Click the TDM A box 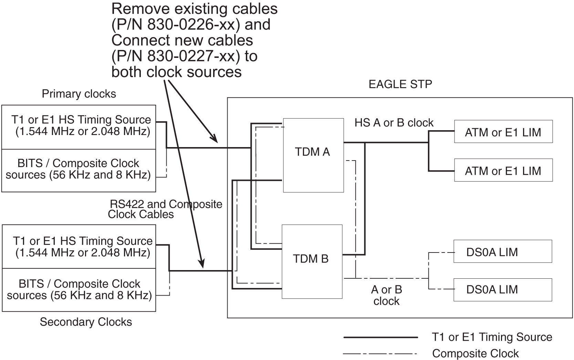click(313, 155)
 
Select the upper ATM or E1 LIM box click(503, 132)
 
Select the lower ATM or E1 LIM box click(503, 170)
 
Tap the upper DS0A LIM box click(502, 251)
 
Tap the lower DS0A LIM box click(502, 289)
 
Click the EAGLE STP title click(400, 84)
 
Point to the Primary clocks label click(79, 94)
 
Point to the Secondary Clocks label click(86, 322)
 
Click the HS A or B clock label click(394, 123)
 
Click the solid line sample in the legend click(380, 337)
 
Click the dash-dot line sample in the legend click(380, 354)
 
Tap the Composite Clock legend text click(475, 354)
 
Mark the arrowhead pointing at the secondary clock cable click(202, 264)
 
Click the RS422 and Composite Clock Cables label click(165, 209)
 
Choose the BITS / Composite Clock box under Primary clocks click(79, 170)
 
